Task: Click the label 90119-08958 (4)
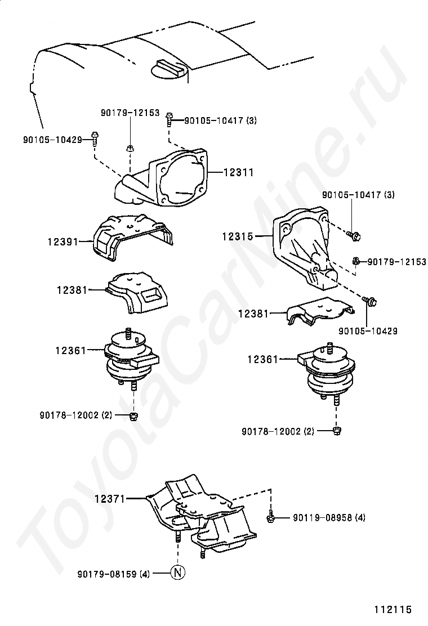click(329, 517)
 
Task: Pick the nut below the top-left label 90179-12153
click(130, 149)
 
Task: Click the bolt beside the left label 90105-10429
click(95, 136)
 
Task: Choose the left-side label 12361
click(70, 350)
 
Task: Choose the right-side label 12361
click(262, 358)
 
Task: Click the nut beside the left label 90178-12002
click(134, 416)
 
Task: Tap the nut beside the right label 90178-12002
click(337, 431)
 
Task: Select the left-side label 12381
click(72, 290)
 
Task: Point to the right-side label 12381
click(253, 313)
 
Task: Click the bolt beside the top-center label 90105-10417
click(169, 119)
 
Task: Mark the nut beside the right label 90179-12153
click(356, 261)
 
